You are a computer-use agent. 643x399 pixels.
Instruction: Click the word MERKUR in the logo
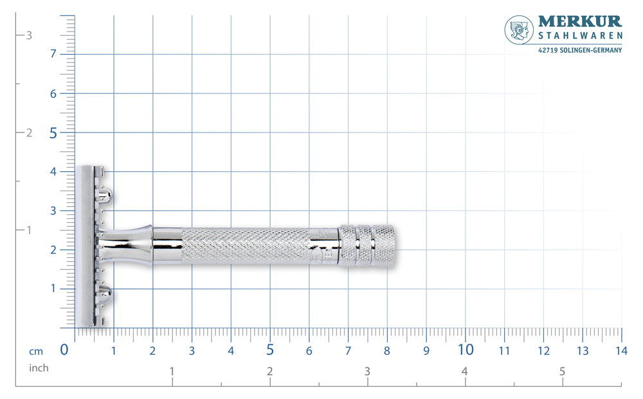click(580, 21)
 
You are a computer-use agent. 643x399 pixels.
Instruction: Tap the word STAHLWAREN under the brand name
click(580, 35)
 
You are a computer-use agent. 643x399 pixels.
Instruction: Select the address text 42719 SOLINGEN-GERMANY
click(580, 50)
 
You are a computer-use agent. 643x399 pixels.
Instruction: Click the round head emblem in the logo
click(519, 30)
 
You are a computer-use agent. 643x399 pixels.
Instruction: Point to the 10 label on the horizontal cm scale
click(466, 349)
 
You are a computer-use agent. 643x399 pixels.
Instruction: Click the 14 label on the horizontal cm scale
click(621, 351)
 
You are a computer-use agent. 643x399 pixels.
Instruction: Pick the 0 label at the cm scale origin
click(64, 349)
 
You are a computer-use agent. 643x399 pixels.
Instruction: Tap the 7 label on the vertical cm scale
click(53, 54)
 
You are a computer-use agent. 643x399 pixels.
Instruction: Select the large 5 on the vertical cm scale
click(53, 133)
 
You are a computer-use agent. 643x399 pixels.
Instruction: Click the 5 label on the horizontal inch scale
click(562, 371)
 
